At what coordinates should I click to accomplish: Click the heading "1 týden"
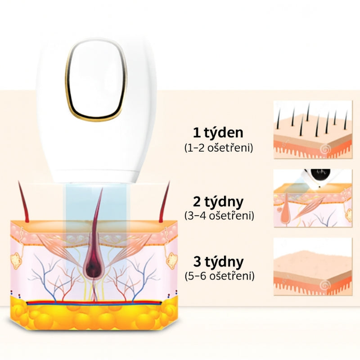218,133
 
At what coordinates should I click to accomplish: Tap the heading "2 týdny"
218,202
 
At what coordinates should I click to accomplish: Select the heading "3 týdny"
218,261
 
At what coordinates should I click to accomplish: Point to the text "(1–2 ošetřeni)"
219,148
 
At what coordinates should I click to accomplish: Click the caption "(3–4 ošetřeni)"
219,216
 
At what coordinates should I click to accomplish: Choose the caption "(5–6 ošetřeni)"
220,275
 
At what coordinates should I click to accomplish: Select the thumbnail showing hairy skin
313,130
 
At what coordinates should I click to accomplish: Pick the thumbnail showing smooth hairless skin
313,266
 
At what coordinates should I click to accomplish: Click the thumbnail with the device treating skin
313,198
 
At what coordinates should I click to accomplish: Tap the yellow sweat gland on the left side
16,261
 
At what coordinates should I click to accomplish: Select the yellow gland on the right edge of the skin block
172,261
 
